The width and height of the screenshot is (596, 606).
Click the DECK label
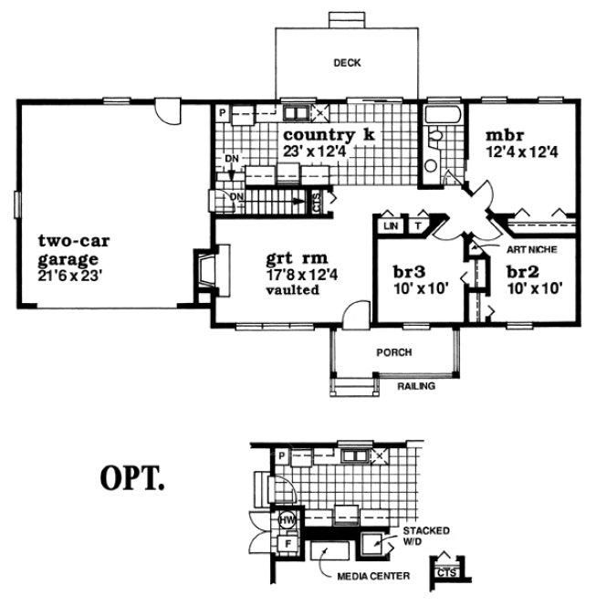click(x=347, y=63)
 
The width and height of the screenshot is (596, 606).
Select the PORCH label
click(x=395, y=351)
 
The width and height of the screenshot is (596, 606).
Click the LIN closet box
click(x=392, y=225)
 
